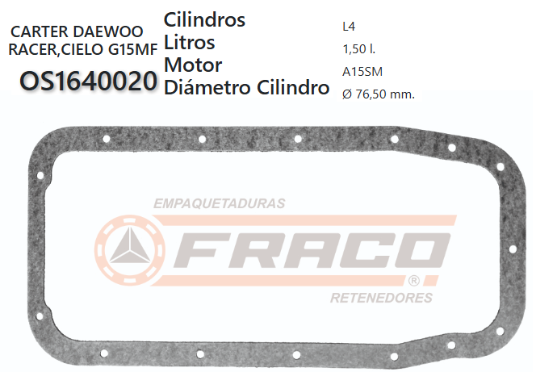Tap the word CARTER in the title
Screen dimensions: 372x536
pyautogui.click(x=41, y=33)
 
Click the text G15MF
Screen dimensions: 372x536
pyautogui.click(x=128, y=50)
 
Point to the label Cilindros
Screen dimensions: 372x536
pyautogui.click(x=204, y=19)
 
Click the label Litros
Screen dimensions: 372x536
pyautogui.click(x=189, y=42)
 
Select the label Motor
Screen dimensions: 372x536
pyautogui.click(x=192, y=65)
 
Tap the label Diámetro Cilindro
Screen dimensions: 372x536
pyautogui.click(x=246, y=87)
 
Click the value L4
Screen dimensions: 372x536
pyautogui.click(x=349, y=25)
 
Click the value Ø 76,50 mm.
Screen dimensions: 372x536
pyautogui.click(x=378, y=94)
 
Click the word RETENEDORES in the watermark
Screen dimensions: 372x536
pyautogui.click(x=381, y=298)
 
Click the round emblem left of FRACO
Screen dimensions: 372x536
pyautogui.click(x=129, y=250)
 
